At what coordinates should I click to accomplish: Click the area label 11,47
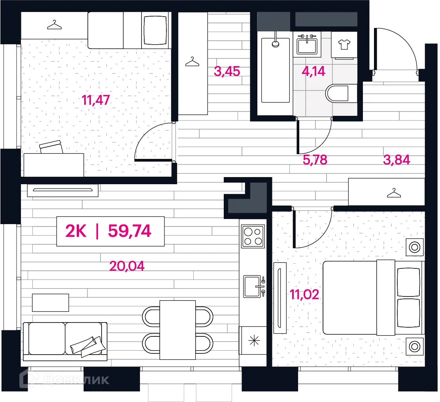pyautogui.click(x=96, y=100)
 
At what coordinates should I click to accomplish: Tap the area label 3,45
pyautogui.click(x=227, y=71)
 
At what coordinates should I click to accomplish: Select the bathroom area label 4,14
pyautogui.click(x=313, y=71)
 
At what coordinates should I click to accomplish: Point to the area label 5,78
pyautogui.click(x=315, y=160)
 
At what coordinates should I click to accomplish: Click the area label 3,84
pyautogui.click(x=397, y=160)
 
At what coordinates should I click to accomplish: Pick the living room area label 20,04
pyautogui.click(x=127, y=266)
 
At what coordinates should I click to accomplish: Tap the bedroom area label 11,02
pyautogui.click(x=304, y=294)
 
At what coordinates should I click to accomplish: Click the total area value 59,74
pyautogui.click(x=130, y=231)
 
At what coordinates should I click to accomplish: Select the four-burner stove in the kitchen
pyautogui.click(x=253, y=236)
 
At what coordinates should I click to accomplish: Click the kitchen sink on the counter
pyautogui.click(x=254, y=286)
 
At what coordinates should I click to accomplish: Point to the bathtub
pyautogui.click(x=275, y=70)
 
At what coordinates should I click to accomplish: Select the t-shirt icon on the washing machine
pyautogui.click(x=344, y=44)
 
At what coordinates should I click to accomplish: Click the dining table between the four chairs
pyautogui.click(x=178, y=330)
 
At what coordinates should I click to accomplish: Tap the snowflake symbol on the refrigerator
pyautogui.click(x=254, y=341)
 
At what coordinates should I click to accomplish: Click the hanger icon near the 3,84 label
pyautogui.click(x=394, y=193)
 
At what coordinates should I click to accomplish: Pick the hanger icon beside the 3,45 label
pyautogui.click(x=192, y=62)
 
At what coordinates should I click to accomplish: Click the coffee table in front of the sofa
pyautogui.click(x=51, y=303)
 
